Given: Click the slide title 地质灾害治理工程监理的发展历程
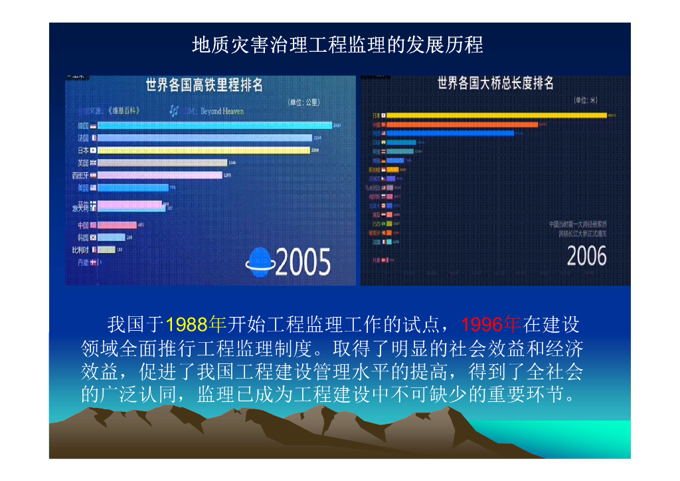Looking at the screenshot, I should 337,45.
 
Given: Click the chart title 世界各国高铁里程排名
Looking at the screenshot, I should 205,85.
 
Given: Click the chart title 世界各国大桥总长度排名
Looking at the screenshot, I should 495,84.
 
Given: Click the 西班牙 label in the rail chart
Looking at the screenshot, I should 80,175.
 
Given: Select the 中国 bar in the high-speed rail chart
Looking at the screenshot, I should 117,225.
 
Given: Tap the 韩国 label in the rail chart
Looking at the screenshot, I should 83,237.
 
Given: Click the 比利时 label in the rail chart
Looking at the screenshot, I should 80,250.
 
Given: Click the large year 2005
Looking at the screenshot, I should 302,262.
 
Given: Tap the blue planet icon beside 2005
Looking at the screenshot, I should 258,261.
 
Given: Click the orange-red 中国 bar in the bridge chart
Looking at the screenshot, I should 462,124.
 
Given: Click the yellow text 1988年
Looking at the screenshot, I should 196,325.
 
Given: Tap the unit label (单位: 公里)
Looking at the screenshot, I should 303,102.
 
